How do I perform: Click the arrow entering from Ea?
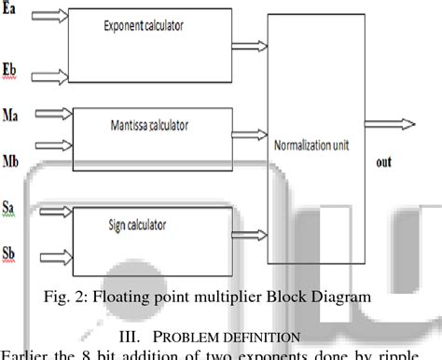[47, 15]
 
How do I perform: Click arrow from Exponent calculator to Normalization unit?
[250, 45]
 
